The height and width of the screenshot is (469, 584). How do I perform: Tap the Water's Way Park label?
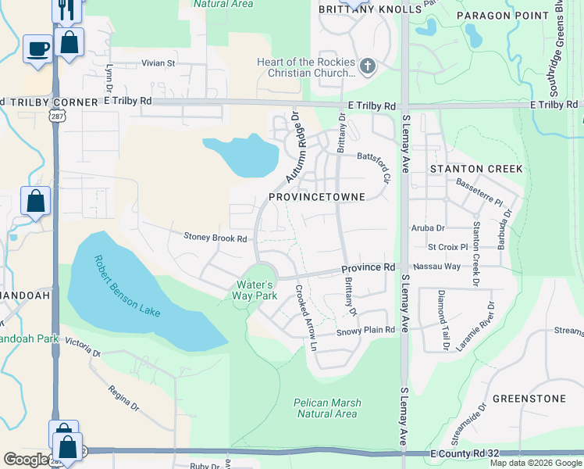click(255, 291)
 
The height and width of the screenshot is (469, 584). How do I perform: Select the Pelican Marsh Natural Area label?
click(327, 408)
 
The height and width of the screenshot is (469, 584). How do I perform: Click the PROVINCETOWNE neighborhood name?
click(317, 197)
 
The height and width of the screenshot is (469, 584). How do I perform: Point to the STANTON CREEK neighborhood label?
click(470, 168)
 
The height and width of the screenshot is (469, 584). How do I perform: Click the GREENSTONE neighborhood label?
click(530, 399)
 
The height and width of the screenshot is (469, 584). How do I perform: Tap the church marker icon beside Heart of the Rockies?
click(368, 67)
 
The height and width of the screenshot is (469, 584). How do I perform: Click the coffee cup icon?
click(37, 49)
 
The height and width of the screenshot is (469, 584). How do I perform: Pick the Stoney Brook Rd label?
click(215, 238)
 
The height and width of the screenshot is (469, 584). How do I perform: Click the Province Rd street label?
click(368, 268)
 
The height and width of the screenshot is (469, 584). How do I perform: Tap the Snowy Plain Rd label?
click(366, 331)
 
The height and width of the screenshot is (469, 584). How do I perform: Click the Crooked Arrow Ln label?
click(307, 318)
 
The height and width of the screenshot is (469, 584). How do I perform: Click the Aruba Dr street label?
click(427, 228)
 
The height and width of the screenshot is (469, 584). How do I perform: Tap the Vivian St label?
click(158, 63)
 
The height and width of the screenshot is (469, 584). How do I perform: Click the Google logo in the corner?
click(25, 460)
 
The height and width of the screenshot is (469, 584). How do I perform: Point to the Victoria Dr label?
click(84, 347)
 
